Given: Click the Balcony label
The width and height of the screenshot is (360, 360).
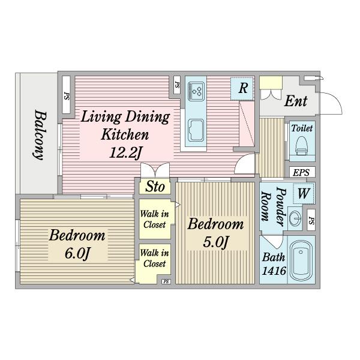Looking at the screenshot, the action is pyautogui.click(x=38, y=135).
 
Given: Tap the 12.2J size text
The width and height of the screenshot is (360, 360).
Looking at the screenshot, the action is pyautogui.click(x=125, y=152).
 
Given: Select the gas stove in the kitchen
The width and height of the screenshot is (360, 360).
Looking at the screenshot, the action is pyautogui.click(x=196, y=91).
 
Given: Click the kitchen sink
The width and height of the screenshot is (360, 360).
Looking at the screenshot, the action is pyautogui.click(x=196, y=130).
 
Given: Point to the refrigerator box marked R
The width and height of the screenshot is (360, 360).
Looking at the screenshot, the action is pyautogui.click(x=242, y=88).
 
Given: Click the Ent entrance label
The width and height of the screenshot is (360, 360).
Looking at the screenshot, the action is pyautogui.click(x=296, y=101).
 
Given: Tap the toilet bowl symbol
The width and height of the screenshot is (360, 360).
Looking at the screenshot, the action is pyautogui.click(x=301, y=146).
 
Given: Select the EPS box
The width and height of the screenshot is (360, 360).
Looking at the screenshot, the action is pyautogui.click(x=302, y=172).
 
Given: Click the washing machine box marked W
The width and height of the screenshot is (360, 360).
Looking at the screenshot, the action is pyautogui.click(x=304, y=193).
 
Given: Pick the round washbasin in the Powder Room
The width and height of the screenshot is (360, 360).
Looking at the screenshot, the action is pyautogui.click(x=295, y=217).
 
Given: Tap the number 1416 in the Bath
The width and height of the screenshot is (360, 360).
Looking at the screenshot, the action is pyautogui.click(x=274, y=271).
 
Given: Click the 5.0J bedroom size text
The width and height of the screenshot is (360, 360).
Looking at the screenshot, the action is pyautogui.click(x=216, y=242).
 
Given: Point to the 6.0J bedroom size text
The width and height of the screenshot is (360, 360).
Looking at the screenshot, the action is pyautogui.click(x=77, y=253).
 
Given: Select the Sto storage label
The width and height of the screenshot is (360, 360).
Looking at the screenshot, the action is pyautogui.click(x=155, y=187).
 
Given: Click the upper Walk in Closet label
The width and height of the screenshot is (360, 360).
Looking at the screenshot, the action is pyautogui.click(x=155, y=219).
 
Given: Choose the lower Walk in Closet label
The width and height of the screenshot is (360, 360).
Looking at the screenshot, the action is pyautogui.click(x=155, y=258).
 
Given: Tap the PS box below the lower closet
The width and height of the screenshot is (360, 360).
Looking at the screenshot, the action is pyautogui.click(x=166, y=281).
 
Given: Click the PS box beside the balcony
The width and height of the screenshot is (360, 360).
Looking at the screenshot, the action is pyautogui.click(x=66, y=95).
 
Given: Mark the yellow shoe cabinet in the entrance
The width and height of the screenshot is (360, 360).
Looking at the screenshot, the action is pyautogui.click(x=271, y=82).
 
